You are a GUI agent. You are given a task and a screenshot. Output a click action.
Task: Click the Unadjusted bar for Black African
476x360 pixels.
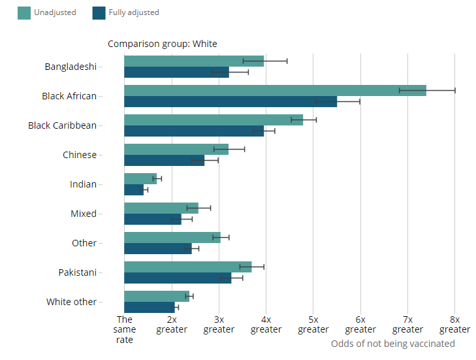(274, 90)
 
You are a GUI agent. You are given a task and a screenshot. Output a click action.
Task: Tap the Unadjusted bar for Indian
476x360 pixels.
(140, 178)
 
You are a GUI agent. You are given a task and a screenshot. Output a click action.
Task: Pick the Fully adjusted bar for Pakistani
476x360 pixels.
(177, 278)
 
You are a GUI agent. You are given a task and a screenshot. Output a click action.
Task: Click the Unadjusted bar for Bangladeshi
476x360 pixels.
(193, 61)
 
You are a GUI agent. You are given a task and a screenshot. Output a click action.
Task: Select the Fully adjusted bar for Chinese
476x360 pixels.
(164, 160)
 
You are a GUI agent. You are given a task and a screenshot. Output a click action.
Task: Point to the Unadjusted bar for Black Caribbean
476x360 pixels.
(213, 120)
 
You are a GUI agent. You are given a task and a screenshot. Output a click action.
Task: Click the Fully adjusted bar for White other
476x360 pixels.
(149, 307)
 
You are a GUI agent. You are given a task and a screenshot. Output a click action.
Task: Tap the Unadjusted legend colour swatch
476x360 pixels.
(24, 12)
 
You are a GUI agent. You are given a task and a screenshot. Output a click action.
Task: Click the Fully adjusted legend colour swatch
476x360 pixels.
(99, 12)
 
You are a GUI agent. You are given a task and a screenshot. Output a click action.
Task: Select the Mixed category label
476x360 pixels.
(84, 214)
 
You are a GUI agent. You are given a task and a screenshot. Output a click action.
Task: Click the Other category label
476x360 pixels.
(84, 243)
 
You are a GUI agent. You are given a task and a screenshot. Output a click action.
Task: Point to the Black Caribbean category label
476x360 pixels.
(62, 125)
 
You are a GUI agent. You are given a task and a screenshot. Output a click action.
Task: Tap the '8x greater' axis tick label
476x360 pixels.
(454, 324)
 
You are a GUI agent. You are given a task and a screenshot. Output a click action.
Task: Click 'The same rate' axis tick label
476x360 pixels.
(124, 329)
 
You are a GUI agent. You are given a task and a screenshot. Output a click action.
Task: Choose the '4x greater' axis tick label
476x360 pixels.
(266, 324)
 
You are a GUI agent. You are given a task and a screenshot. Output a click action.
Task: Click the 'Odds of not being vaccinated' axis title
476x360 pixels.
(392, 344)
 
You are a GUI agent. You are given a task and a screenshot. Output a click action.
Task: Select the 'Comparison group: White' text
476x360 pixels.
(162, 44)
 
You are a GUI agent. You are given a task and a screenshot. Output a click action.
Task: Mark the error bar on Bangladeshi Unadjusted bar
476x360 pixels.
(265, 61)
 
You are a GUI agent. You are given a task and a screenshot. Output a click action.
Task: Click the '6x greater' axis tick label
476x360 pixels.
(360, 324)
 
